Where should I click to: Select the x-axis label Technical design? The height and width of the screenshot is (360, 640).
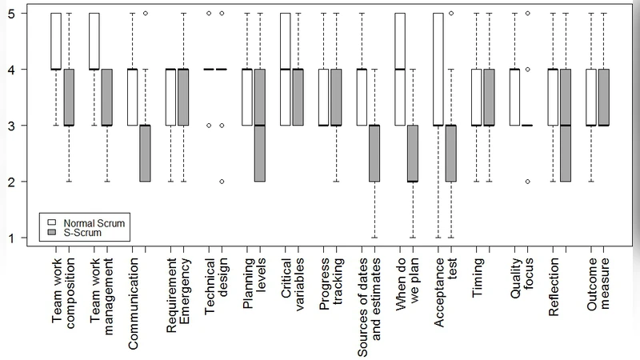216,296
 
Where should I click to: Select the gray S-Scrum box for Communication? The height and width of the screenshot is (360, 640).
145,154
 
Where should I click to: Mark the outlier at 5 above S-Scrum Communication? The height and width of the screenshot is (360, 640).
145,14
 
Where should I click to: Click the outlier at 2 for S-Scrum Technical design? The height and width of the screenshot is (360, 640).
222,182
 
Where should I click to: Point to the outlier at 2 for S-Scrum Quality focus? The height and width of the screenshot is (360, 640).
527,182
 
